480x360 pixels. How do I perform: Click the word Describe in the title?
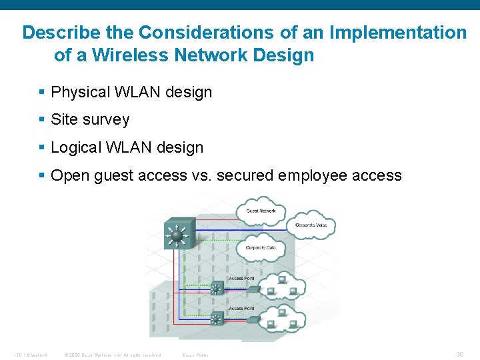click(54, 32)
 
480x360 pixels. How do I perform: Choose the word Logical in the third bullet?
click(77, 147)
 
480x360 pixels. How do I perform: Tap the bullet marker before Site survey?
click(42, 120)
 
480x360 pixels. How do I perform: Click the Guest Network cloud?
click(261, 211)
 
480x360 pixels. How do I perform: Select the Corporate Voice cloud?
click(311, 226)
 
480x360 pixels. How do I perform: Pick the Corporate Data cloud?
click(261, 247)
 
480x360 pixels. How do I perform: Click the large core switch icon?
click(177, 235)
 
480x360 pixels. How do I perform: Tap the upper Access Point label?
click(241, 278)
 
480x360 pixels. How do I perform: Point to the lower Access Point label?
click(241, 309)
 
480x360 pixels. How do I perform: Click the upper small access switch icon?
click(216, 289)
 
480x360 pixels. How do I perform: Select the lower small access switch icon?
click(216, 319)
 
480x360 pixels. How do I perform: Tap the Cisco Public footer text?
click(195, 355)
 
